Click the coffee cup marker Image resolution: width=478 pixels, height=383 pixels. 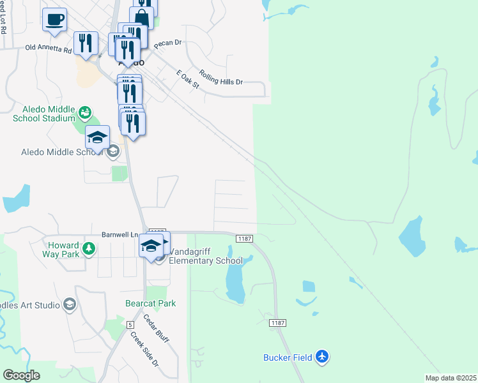(x=55, y=19)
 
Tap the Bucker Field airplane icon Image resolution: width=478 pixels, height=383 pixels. (x=323, y=357)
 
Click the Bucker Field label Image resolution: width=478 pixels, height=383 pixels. (x=288, y=357)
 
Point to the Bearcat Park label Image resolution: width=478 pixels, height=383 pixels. (x=150, y=304)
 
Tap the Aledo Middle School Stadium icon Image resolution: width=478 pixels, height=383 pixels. (x=84, y=114)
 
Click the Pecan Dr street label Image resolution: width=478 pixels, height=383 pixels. (x=168, y=43)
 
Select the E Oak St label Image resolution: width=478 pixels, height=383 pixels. (x=189, y=84)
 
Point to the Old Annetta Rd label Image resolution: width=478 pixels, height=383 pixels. (x=49, y=48)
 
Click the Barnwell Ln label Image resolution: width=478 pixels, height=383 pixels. (x=120, y=235)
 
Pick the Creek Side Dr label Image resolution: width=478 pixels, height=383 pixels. (x=144, y=349)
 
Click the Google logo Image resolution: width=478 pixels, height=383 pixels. (x=21, y=375)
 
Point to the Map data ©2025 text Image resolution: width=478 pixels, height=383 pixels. (x=451, y=378)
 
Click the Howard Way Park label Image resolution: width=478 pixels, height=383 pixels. (x=63, y=250)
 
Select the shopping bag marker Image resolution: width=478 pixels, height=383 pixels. (x=141, y=16)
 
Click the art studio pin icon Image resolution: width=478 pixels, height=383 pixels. (x=69, y=304)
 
